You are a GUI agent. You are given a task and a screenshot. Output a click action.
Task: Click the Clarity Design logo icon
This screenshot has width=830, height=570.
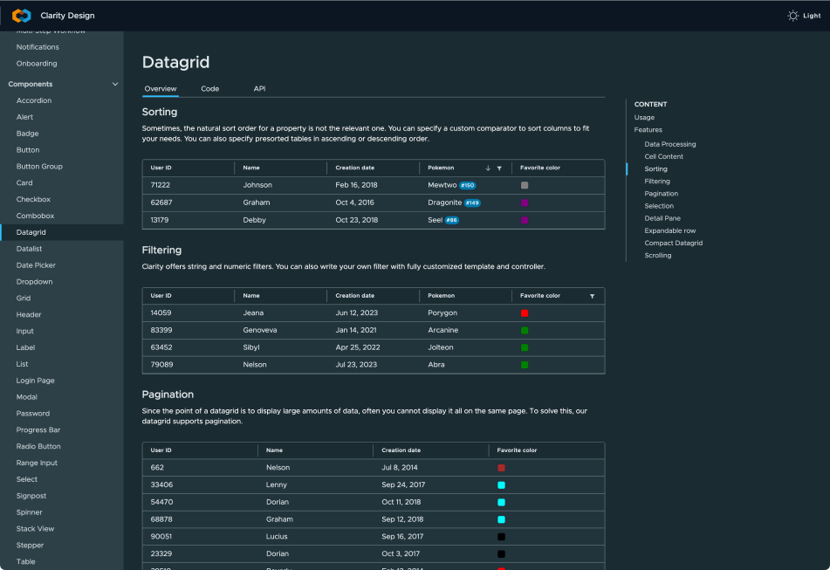(x=22, y=16)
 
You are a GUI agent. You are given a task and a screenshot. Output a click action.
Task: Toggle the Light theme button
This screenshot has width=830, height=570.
(x=804, y=16)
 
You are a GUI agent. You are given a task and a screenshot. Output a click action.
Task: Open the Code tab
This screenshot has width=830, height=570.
(x=209, y=89)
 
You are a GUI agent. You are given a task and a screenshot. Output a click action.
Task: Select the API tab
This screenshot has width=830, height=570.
(x=259, y=89)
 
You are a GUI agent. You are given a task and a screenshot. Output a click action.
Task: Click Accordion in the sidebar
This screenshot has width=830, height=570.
(x=34, y=100)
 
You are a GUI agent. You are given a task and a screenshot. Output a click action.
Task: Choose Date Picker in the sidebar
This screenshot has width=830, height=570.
(x=36, y=265)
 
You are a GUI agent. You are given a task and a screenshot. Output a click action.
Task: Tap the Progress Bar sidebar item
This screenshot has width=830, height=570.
(x=38, y=429)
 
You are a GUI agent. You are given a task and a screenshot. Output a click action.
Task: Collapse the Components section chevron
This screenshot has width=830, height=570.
(x=115, y=84)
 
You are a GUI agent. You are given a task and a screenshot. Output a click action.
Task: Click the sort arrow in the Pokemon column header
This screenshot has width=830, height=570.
(x=488, y=168)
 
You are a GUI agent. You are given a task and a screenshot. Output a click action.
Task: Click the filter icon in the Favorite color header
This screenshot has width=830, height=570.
(x=592, y=296)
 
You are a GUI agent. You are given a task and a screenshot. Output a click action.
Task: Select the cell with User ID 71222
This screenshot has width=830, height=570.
(x=161, y=185)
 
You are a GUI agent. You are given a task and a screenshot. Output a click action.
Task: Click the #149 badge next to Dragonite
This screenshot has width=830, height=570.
(x=472, y=203)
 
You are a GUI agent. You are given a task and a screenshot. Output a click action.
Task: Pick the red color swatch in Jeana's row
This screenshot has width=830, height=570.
(x=524, y=313)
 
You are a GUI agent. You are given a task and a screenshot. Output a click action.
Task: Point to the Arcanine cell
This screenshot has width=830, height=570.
(x=443, y=330)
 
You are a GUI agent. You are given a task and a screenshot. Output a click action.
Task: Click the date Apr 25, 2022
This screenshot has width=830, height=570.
(x=357, y=347)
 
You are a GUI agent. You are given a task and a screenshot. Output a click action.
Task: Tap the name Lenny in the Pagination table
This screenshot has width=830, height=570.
(x=277, y=484)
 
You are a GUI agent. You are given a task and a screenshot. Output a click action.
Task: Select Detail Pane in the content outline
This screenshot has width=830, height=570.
(x=662, y=218)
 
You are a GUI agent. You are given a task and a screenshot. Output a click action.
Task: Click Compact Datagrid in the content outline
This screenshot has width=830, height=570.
(x=673, y=243)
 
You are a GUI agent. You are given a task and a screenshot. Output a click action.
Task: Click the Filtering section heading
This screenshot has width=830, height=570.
(x=161, y=251)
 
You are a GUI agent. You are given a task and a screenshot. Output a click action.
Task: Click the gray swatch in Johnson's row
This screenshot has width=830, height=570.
(x=524, y=185)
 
